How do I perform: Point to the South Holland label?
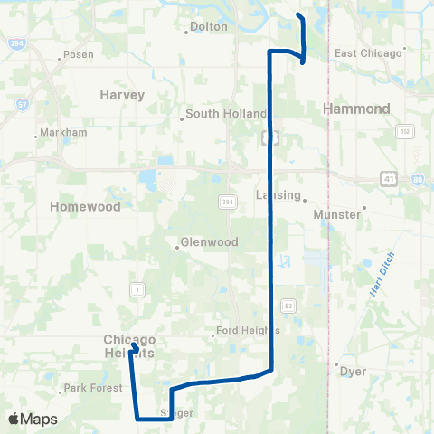(x=225, y=114)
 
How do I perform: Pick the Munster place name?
(x=335, y=214)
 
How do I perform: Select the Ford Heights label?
(x=250, y=330)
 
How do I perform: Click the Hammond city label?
(x=356, y=108)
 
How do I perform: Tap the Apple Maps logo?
(x=33, y=419)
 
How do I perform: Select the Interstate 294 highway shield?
(x=16, y=42)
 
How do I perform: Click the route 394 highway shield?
(x=224, y=203)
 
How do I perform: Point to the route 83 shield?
(x=288, y=303)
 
